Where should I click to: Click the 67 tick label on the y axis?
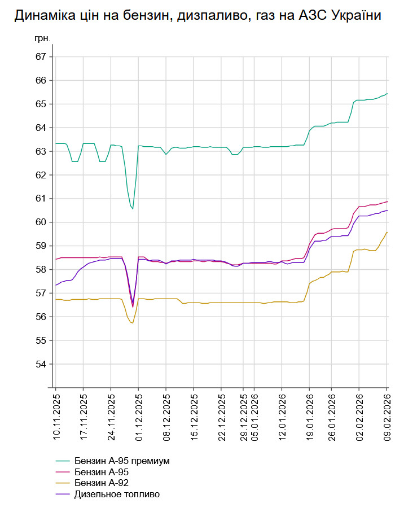pyautogui.click(x=40, y=57)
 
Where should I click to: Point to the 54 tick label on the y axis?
pyautogui.click(x=40, y=364)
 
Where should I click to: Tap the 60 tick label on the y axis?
pyautogui.click(x=40, y=222)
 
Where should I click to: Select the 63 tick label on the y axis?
pyautogui.click(x=40, y=151)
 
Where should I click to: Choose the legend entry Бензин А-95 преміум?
pyautogui.click(x=122, y=461)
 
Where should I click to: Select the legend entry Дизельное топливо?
pyautogui.click(x=117, y=494)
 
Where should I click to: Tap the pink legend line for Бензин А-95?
pyautogui.click(x=63, y=472)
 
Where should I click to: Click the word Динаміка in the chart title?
pyautogui.click(x=42, y=16)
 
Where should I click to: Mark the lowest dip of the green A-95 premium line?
pyautogui.click(x=133, y=209)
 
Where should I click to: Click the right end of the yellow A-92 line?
pyautogui.click(x=387, y=232)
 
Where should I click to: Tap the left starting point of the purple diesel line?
pyautogui.click(x=56, y=285)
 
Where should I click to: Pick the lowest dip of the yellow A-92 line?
pyautogui.click(x=133, y=323)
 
